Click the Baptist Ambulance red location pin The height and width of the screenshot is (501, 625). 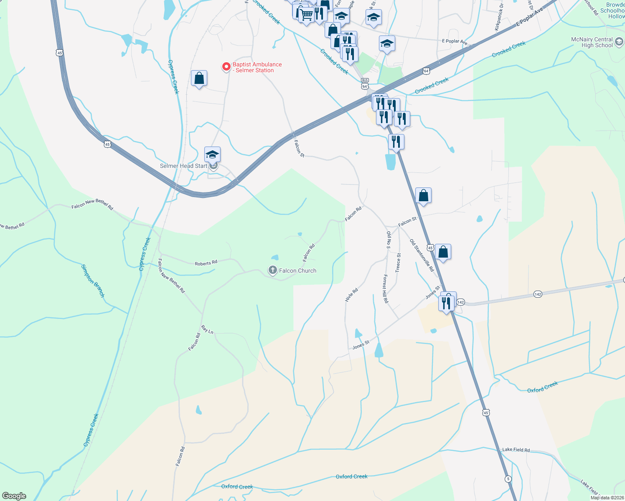226,66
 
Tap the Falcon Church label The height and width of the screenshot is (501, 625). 297,271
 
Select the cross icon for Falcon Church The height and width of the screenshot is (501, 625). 272,271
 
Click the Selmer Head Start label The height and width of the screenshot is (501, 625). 183,166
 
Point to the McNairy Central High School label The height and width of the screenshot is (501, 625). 592,42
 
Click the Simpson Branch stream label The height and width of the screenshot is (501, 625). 93,281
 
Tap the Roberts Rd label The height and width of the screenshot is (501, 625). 206,263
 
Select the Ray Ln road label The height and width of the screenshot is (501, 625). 207,329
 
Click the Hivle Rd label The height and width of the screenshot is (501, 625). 352,295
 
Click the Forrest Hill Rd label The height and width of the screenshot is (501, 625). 386,288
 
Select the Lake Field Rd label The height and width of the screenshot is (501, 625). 516,450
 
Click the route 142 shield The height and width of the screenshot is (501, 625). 538,294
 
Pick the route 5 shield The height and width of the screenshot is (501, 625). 508,479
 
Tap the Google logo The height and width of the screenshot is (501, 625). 14,496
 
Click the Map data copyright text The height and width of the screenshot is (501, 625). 607,498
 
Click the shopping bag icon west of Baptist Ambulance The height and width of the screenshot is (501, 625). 199,78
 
